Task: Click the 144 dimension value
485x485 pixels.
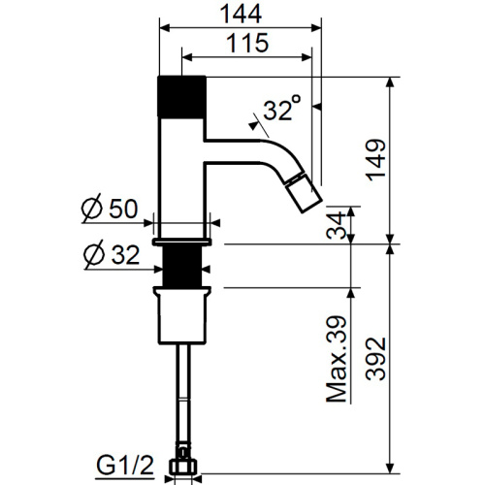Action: click(241, 15)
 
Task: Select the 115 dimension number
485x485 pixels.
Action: click(247, 43)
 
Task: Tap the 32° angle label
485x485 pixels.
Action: click(282, 108)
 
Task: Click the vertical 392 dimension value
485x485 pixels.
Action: click(376, 359)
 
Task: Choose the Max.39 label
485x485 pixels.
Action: click(337, 359)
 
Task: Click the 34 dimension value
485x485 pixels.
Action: click(337, 225)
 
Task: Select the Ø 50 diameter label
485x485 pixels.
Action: click(110, 209)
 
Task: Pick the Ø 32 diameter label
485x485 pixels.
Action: click(112, 254)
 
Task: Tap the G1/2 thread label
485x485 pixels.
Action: click(125, 467)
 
